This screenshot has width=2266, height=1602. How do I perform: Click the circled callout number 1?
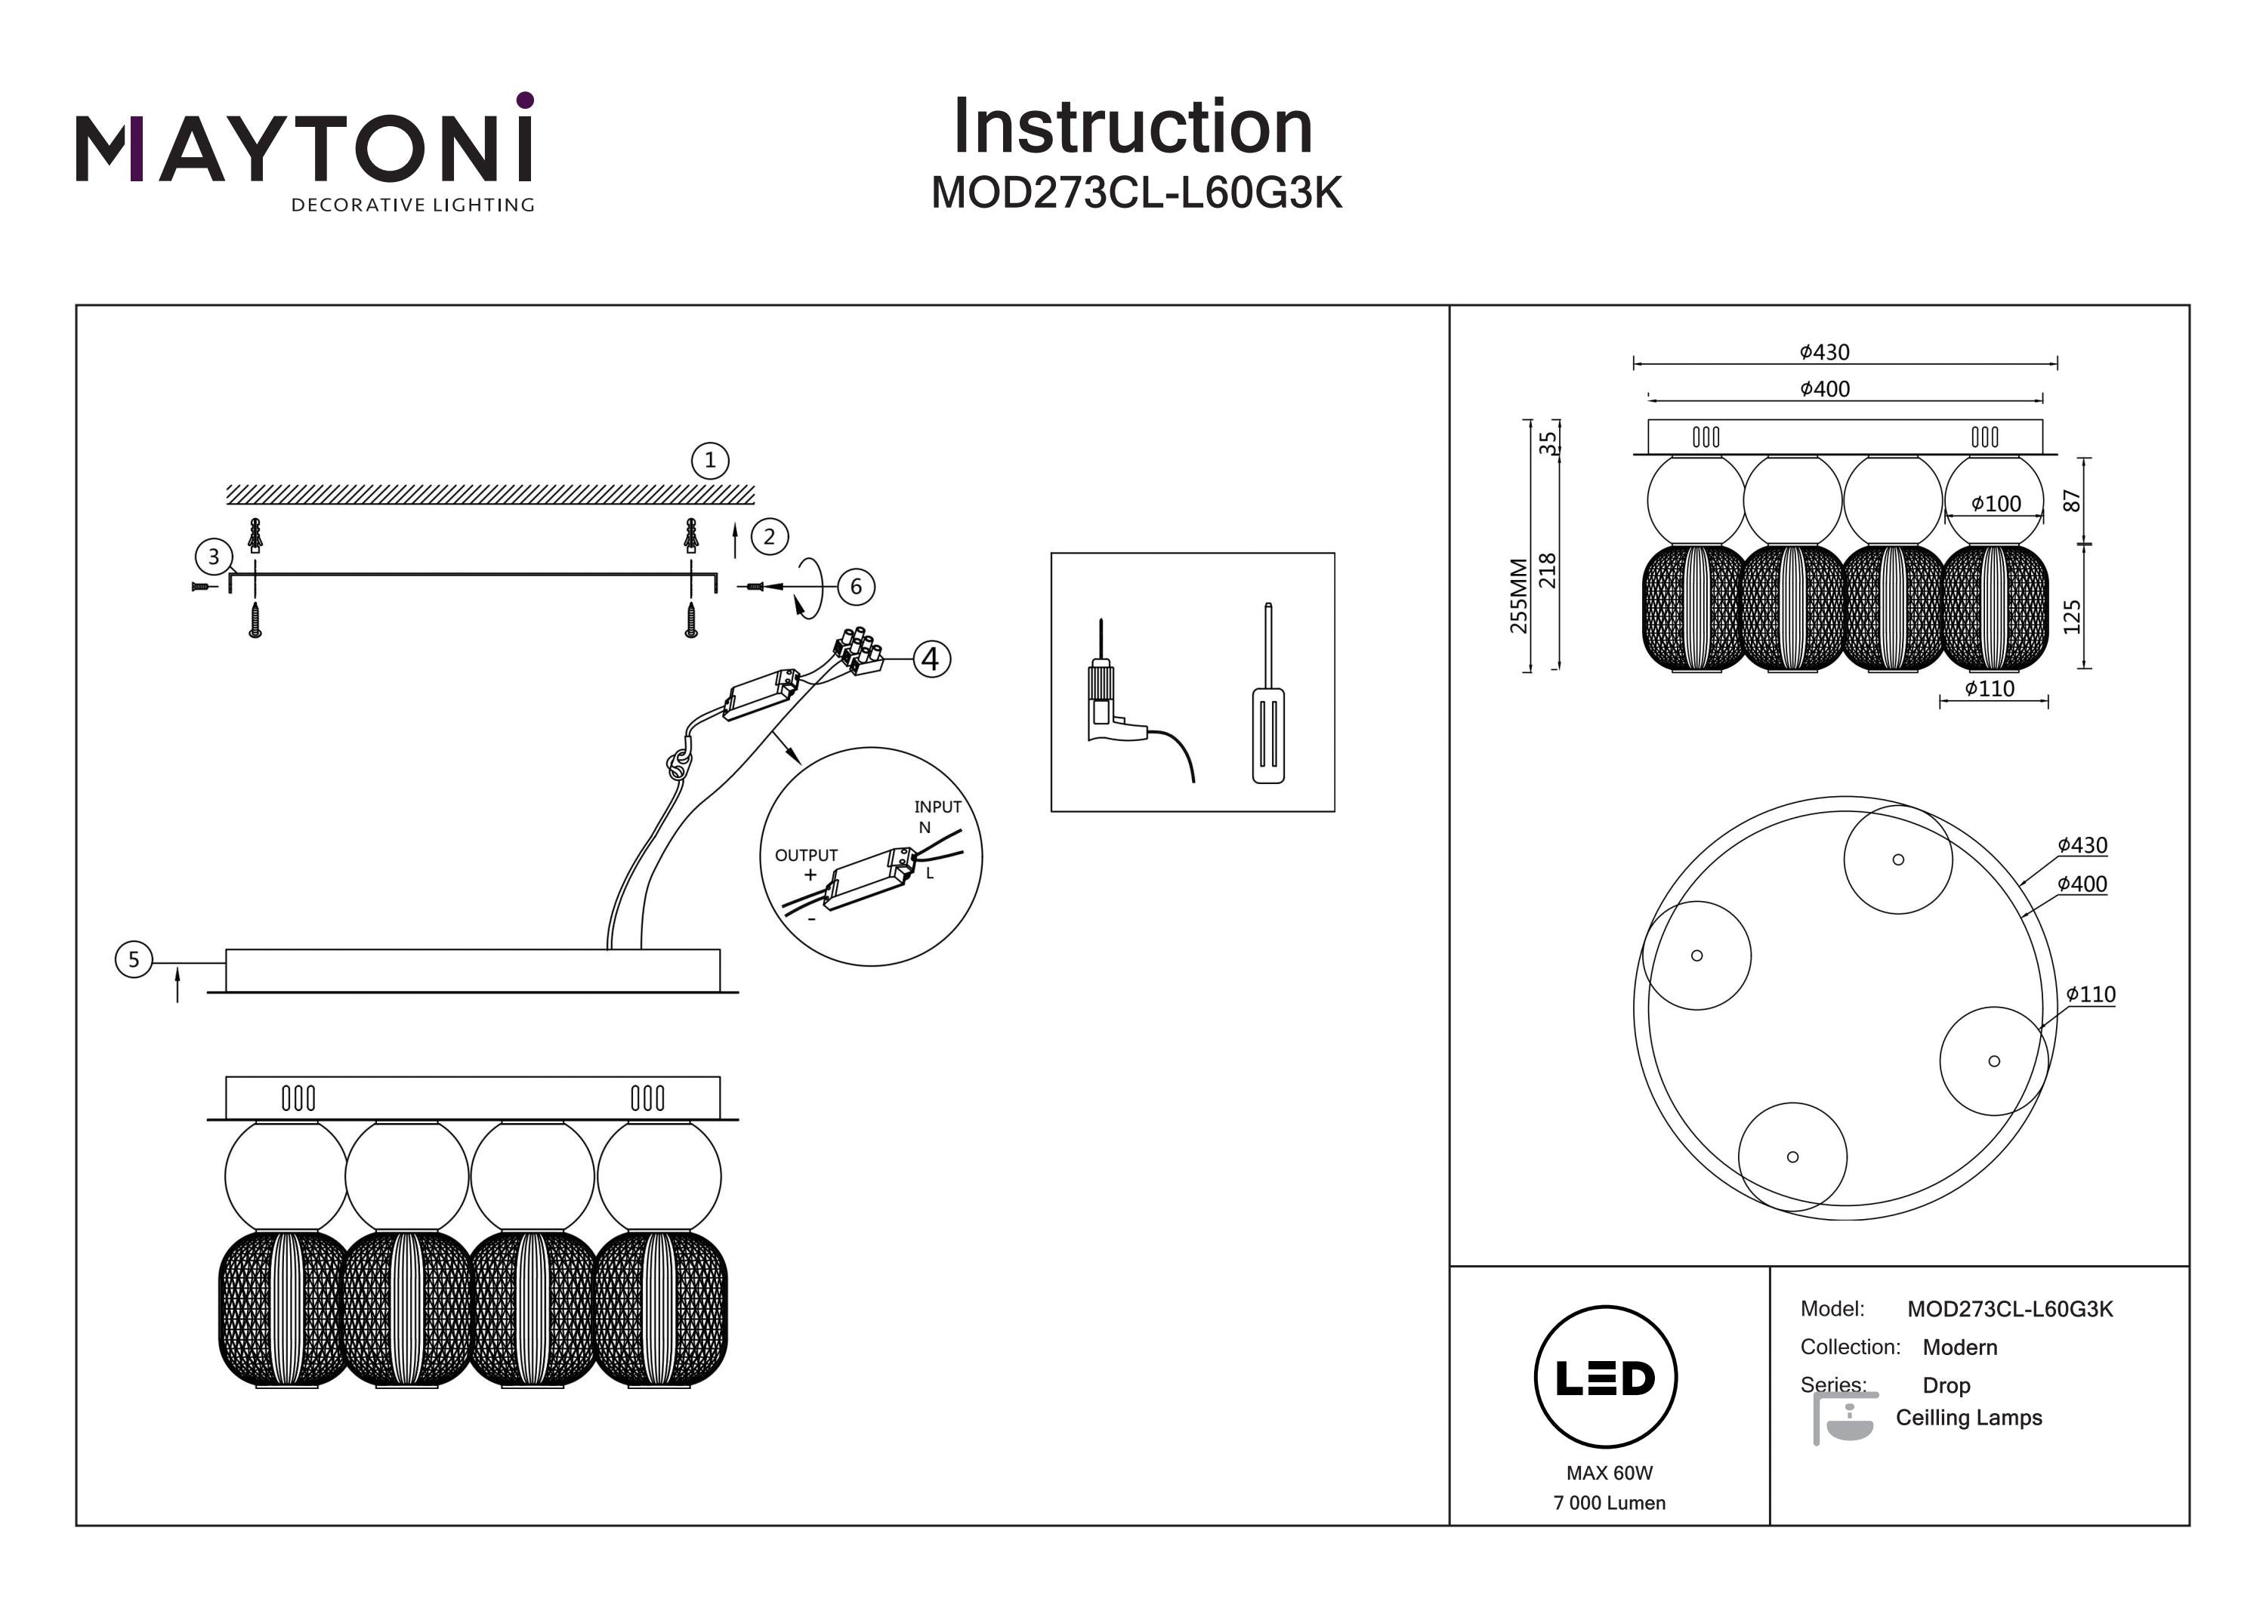(709, 460)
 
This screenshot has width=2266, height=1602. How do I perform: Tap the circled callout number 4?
(931, 659)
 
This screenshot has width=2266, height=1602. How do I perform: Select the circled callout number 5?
(134, 959)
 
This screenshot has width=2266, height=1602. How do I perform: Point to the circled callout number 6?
(856, 586)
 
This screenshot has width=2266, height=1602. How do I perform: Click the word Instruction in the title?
(1133, 128)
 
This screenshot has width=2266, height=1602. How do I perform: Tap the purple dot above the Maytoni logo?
(525, 100)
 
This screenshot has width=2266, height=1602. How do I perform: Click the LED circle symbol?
(1606, 1378)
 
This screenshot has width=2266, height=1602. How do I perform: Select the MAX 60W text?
(1609, 1473)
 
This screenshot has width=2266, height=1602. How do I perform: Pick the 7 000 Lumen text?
(1609, 1502)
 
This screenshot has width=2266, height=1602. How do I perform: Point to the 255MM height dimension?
(1519, 595)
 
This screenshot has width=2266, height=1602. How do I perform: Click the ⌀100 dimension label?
(1996, 503)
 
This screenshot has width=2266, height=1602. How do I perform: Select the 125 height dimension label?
(2072, 615)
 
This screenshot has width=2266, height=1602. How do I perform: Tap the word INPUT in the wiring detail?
(937, 807)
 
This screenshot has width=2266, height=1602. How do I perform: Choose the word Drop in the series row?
(1946, 1384)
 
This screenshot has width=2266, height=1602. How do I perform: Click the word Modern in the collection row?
(1959, 1347)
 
